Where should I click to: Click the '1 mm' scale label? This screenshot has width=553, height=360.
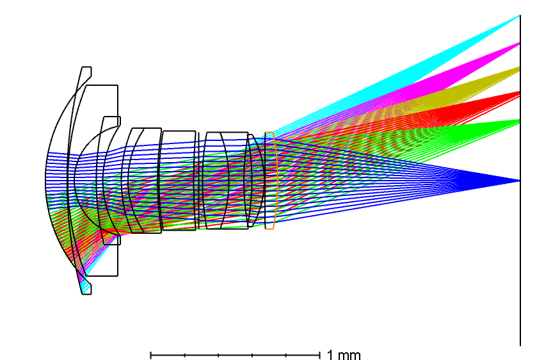pyautogui.click(x=344, y=354)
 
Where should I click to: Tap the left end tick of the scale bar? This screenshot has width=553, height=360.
pyautogui.click(x=151, y=355)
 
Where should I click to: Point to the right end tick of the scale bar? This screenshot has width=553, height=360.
pyautogui.click(x=319, y=355)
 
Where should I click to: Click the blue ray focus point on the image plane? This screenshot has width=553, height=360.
pyautogui.click(x=520, y=181)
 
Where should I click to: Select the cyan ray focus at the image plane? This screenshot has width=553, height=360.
pyautogui.click(x=520, y=15)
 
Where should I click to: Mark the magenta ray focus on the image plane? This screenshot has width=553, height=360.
pyautogui.click(x=520, y=43)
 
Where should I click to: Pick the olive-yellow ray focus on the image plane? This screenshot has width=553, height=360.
pyautogui.click(x=520, y=69)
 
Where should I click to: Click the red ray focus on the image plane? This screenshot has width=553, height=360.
pyautogui.click(x=520, y=94)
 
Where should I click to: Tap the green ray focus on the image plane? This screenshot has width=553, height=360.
pyautogui.click(x=520, y=122)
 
